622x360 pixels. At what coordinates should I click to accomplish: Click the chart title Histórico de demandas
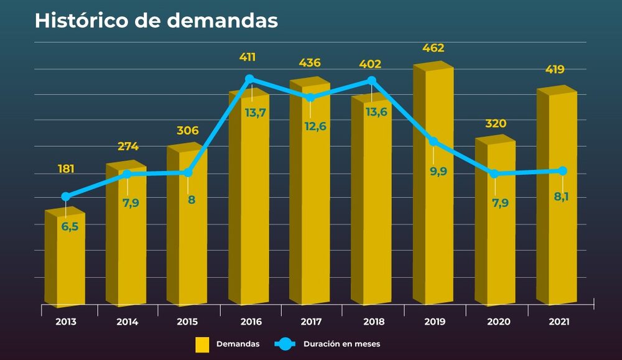(x=156, y=20)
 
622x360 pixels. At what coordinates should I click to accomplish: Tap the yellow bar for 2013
(x=65, y=261)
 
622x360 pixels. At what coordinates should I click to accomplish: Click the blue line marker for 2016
(x=249, y=79)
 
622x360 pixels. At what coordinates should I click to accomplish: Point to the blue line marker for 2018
(x=372, y=80)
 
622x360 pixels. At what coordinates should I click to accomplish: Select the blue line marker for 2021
(x=562, y=171)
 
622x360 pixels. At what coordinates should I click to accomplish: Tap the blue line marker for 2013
(x=66, y=196)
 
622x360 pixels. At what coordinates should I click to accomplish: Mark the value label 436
(x=310, y=63)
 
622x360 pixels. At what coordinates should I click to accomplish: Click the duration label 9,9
(x=438, y=172)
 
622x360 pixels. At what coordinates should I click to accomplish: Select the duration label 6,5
(x=70, y=227)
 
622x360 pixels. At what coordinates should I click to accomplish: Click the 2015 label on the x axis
(x=188, y=322)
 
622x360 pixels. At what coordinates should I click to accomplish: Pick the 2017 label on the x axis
(x=310, y=322)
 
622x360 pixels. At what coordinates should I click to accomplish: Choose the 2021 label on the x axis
(x=559, y=322)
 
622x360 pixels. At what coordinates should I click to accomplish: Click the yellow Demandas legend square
(x=202, y=344)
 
